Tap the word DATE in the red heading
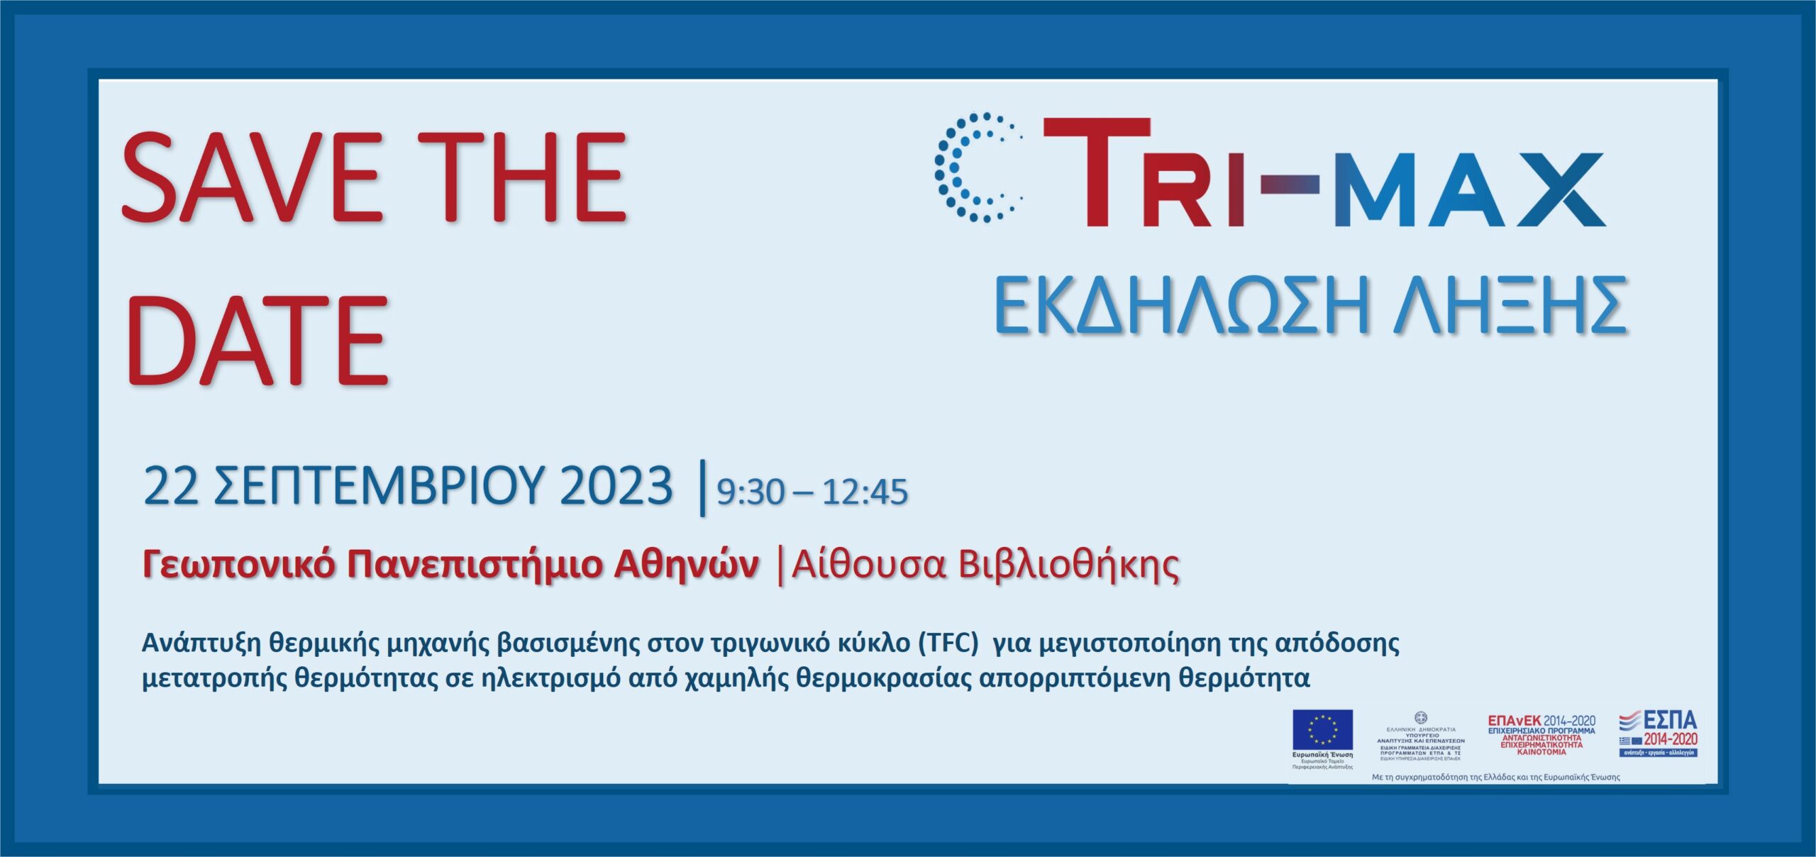(x=258, y=341)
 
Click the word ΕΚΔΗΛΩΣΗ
(x=1181, y=306)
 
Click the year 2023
(x=616, y=487)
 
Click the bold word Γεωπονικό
(x=238, y=566)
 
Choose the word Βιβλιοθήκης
(x=1068, y=566)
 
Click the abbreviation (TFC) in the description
(x=948, y=643)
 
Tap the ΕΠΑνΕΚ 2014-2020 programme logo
(x=1541, y=735)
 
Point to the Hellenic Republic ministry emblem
(x=1420, y=718)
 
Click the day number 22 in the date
(x=171, y=487)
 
